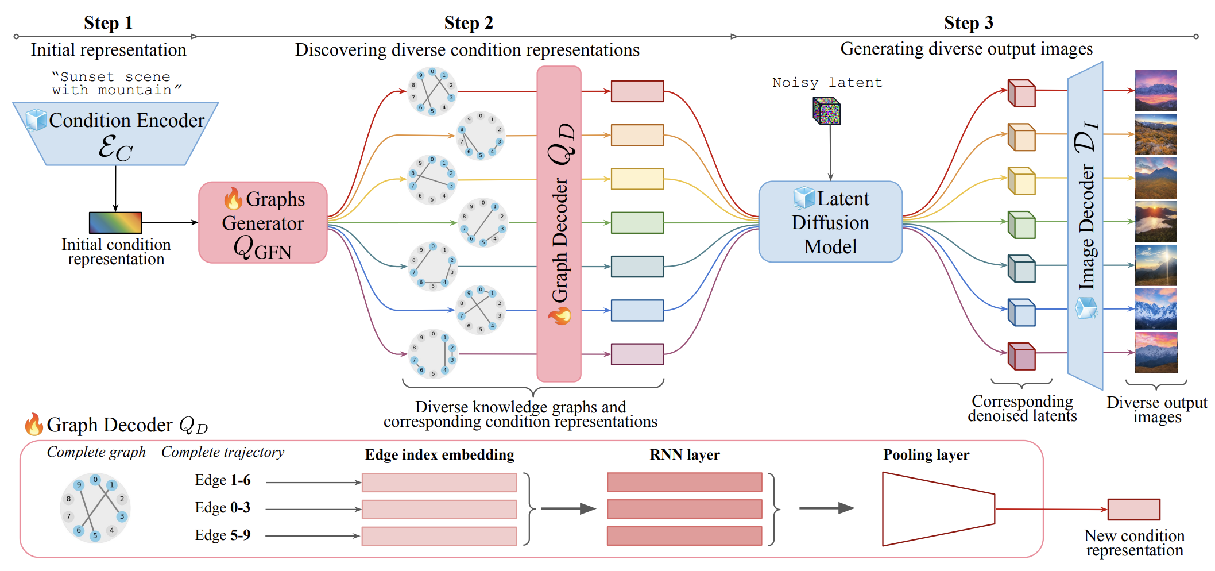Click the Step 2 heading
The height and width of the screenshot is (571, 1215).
pyautogui.click(x=468, y=23)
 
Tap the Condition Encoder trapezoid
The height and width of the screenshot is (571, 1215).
pyautogui.click(x=115, y=134)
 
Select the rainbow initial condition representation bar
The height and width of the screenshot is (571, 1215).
pyautogui.click(x=115, y=223)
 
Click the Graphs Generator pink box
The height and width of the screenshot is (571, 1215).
pyautogui.click(x=263, y=223)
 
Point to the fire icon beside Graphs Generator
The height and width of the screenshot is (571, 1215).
pyautogui.click(x=233, y=199)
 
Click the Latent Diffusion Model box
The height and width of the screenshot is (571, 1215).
pyautogui.click(x=830, y=222)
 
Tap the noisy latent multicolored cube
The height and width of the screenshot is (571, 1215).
pyautogui.click(x=826, y=111)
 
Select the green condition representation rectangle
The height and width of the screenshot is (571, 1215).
pyautogui.click(x=637, y=223)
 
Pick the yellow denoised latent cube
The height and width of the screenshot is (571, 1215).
pyautogui.click(x=1021, y=181)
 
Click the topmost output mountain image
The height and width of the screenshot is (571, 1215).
pyautogui.click(x=1155, y=91)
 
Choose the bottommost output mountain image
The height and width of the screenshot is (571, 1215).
pyautogui.click(x=1155, y=353)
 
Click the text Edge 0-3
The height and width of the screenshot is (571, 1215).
pyautogui.click(x=222, y=508)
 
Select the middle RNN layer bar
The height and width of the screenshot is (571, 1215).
pyautogui.click(x=684, y=509)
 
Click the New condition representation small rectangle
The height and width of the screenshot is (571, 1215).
pyautogui.click(x=1133, y=510)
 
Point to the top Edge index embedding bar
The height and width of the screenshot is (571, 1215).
pyautogui.click(x=439, y=483)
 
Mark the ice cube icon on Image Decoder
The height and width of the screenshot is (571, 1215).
pyautogui.click(x=1086, y=308)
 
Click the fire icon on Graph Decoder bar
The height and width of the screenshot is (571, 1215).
pyautogui.click(x=559, y=315)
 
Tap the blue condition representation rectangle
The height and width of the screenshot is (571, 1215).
pyautogui.click(x=637, y=310)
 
